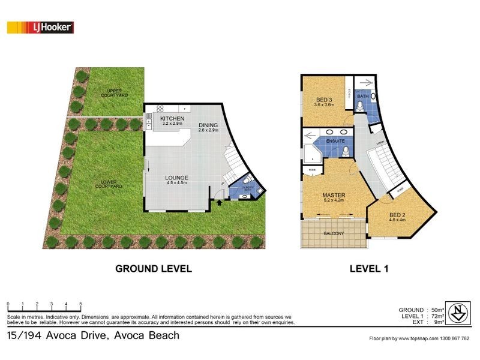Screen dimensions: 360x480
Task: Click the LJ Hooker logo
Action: pos(40,27)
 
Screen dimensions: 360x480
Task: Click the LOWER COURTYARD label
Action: pos(109,184)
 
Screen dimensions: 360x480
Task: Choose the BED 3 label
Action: pos(324,101)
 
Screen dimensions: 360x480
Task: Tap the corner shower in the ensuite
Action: pos(313,152)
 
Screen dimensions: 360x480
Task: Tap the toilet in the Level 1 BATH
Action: pos(359,106)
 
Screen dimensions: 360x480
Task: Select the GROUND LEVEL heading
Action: pos(154,269)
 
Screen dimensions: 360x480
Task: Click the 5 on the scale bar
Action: pos(81,304)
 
